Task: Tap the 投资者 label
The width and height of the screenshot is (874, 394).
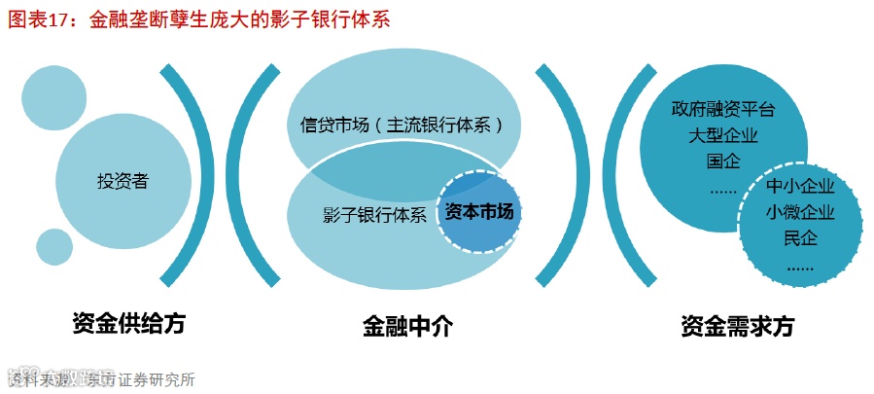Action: point(122,180)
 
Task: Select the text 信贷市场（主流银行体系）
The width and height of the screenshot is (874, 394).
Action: point(402,125)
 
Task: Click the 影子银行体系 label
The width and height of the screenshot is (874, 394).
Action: point(374,216)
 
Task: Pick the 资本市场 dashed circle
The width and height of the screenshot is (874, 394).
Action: point(477,210)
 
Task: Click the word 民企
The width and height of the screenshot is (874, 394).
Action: point(800,238)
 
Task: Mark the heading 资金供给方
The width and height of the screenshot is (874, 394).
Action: point(128,323)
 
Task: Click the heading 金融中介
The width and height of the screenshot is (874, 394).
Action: point(407,325)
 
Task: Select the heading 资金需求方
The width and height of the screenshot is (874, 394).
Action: point(738,326)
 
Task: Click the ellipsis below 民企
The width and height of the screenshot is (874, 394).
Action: point(800,265)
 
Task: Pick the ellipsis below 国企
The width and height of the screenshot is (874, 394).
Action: point(722,189)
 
